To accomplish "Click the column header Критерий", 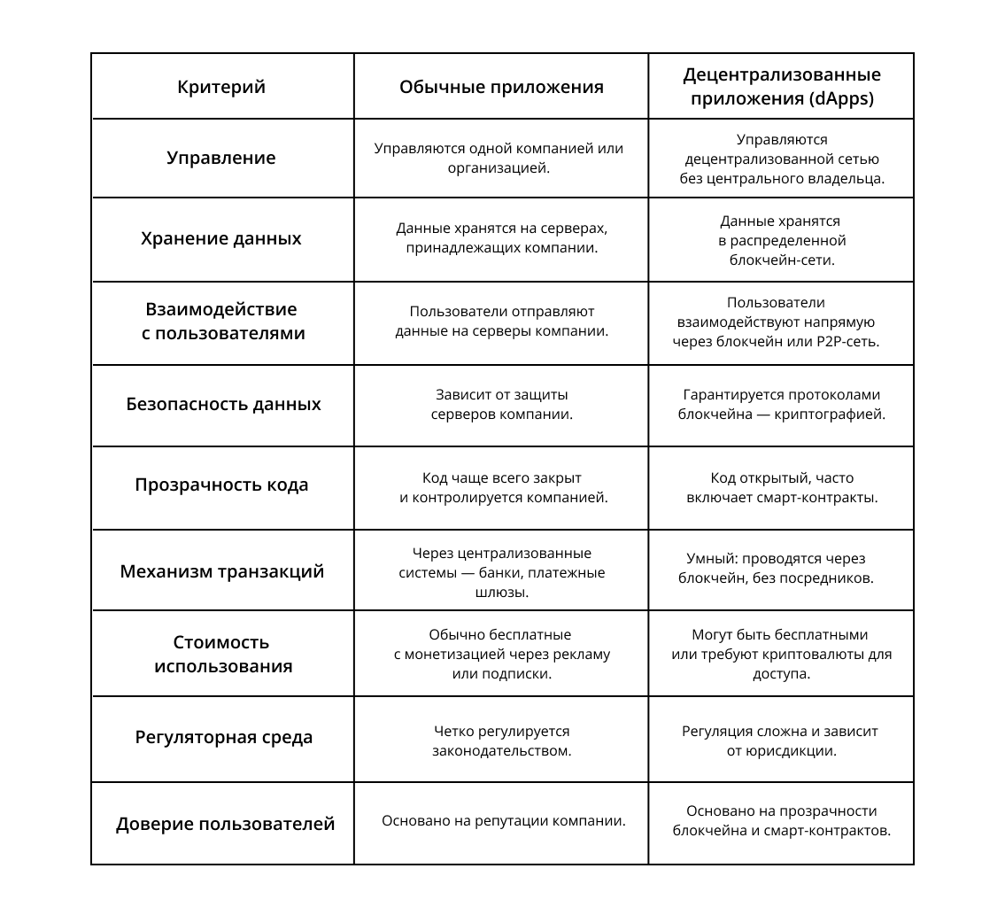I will pyautogui.click(x=221, y=87).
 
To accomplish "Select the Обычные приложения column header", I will pyautogui.click(x=501, y=87).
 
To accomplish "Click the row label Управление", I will pyautogui.click(x=221, y=158).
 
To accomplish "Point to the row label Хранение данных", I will pyautogui.click(x=221, y=238).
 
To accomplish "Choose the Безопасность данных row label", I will pyautogui.click(x=223, y=404).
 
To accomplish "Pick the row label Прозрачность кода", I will pyautogui.click(x=221, y=485).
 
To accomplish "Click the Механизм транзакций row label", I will pyautogui.click(x=222, y=570).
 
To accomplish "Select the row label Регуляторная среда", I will pyautogui.click(x=224, y=737).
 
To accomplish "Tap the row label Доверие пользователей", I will pyautogui.click(x=225, y=824).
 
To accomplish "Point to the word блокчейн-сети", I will pyautogui.click(x=782, y=260).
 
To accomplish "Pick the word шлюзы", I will pyautogui.click(x=501, y=592).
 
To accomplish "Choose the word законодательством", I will pyautogui.click(x=501, y=751).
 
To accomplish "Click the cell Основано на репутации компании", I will pyautogui.click(x=503, y=820).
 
